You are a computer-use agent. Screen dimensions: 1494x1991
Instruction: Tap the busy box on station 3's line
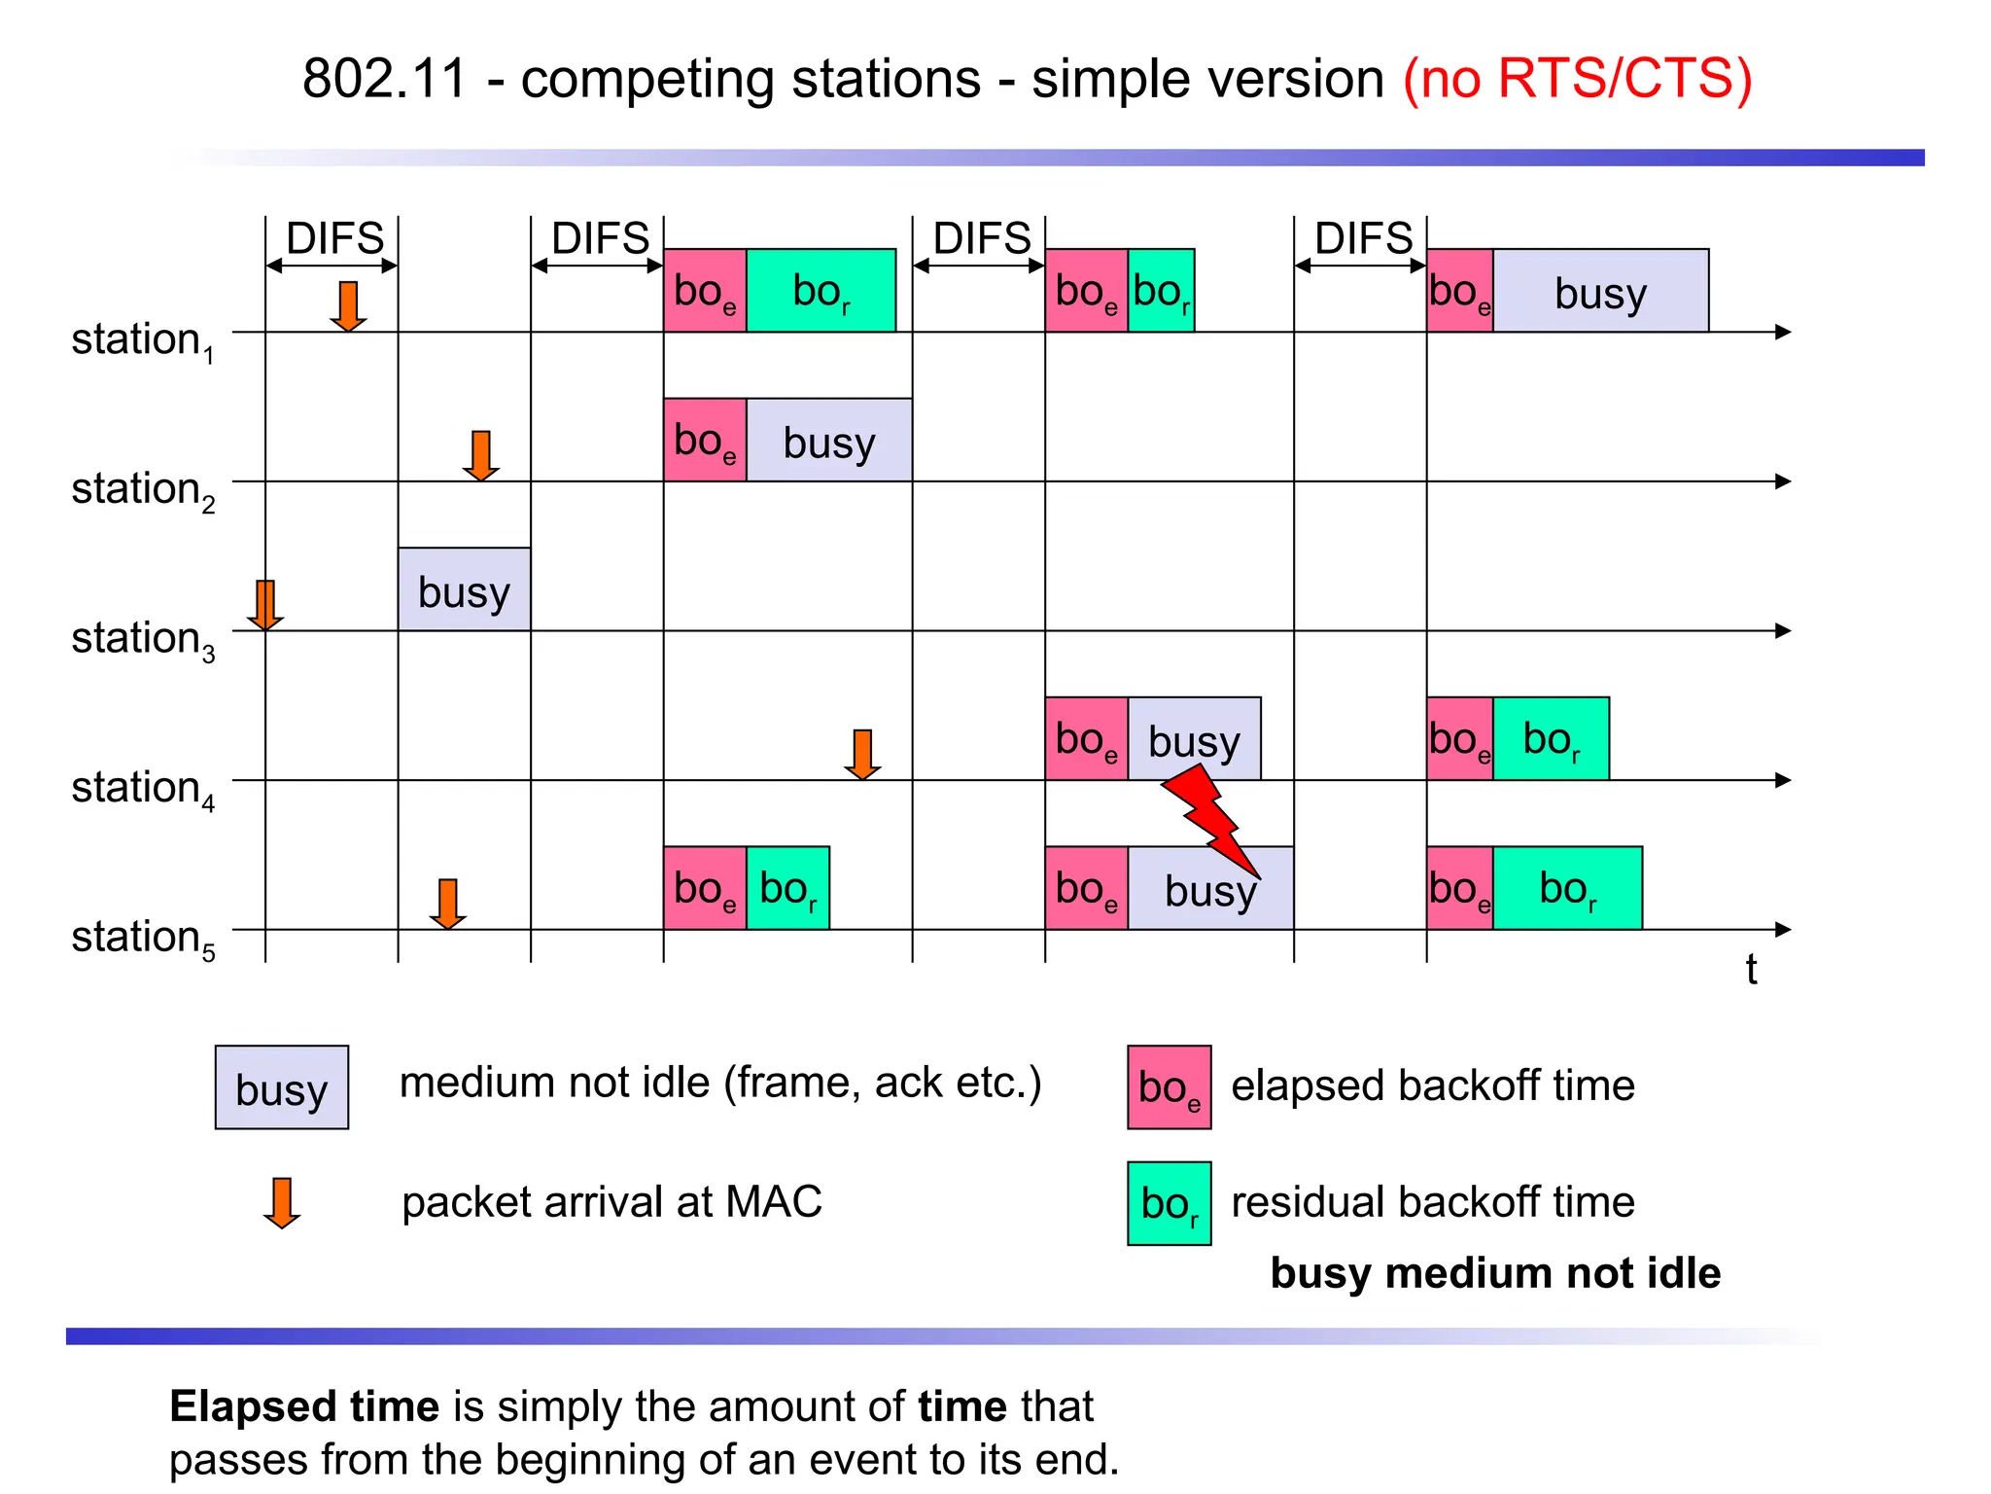pyautogui.click(x=464, y=589)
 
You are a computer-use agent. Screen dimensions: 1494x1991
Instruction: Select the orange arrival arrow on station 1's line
pyautogui.click(x=348, y=306)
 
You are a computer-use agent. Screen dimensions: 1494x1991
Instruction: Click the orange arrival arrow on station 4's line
pyautogui.click(x=862, y=755)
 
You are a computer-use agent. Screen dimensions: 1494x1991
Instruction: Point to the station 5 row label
pyautogui.click(x=142, y=938)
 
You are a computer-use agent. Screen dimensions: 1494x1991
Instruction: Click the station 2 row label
pyautogui.click(x=142, y=489)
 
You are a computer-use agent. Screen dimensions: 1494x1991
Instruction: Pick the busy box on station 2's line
pyautogui.click(x=828, y=441)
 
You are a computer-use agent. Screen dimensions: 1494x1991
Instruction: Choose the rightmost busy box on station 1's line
pyautogui.click(x=1600, y=291)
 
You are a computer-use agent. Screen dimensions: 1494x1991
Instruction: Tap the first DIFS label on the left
pyautogui.click(x=334, y=238)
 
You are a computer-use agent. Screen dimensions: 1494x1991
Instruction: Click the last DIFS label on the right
pyautogui.click(x=1363, y=238)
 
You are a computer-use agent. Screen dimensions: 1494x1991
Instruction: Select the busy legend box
pyautogui.click(x=281, y=1087)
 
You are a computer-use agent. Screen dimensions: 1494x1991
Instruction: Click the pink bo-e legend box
pyautogui.click(x=1169, y=1087)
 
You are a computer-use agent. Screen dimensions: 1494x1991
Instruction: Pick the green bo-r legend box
pyautogui.click(x=1169, y=1203)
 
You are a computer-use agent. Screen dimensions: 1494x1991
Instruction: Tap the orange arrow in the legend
pyautogui.click(x=282, y=1203)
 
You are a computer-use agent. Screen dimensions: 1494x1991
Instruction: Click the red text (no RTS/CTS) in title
pyautogui.click(x=1577, y=78)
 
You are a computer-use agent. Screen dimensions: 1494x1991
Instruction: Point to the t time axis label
pyautogui.click(x=1751, y=970)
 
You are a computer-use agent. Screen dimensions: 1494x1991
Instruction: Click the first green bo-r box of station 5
pyautogui.click(x=787, y=888)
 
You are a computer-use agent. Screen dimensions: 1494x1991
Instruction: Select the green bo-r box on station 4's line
pyautogui.click(x=1551, y=738)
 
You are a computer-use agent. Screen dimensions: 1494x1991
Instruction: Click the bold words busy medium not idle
pyautogui.click(x=1494, y=1273)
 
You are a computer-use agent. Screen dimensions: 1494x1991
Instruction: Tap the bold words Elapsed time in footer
pyautogui.click(x=304, y=1406)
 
